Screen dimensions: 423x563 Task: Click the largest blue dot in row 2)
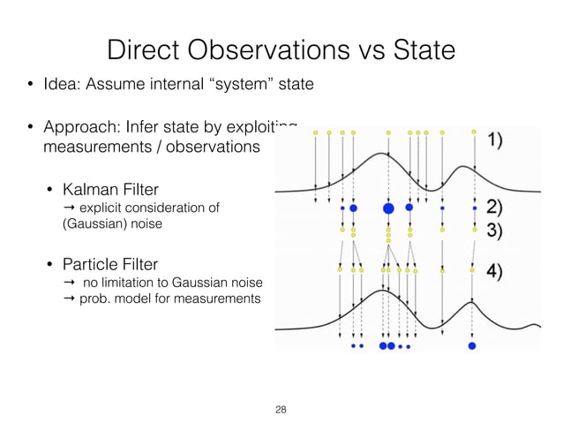coord(387,208)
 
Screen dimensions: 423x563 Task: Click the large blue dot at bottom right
coord(472,346)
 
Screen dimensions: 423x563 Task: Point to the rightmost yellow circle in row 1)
coord(474,132)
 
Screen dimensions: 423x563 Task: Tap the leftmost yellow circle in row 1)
coord(316,133)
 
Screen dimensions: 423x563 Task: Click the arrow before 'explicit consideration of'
coord(71,208)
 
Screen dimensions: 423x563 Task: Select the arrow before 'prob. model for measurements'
coord(71,299)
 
